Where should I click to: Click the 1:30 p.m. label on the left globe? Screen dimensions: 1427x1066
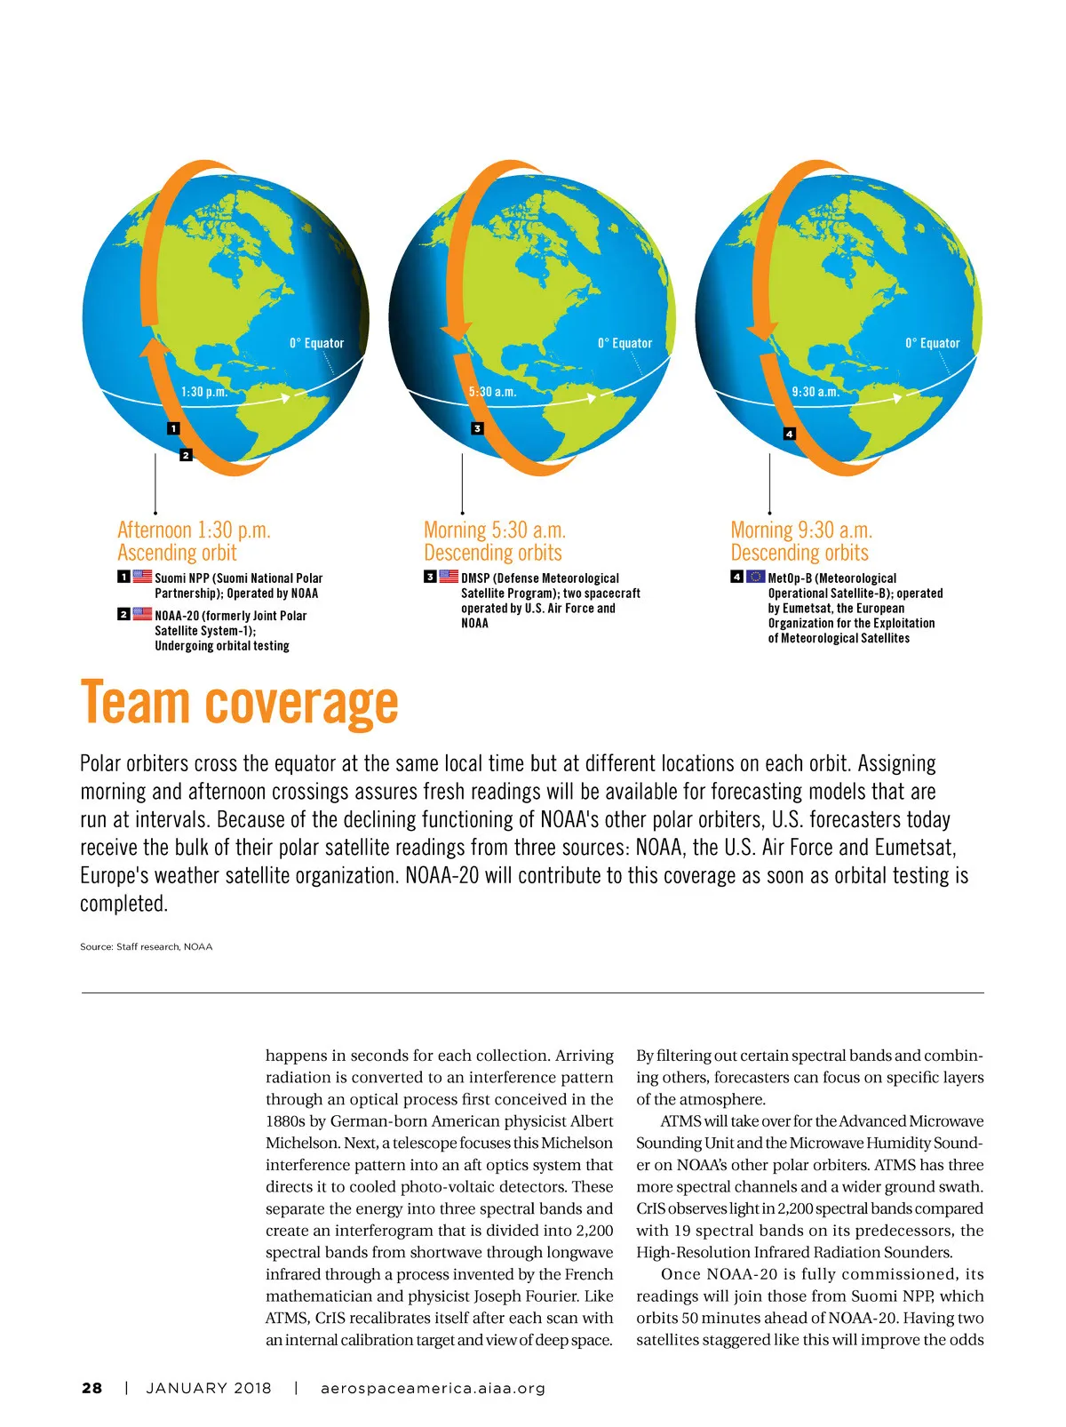click(x=204, y=392)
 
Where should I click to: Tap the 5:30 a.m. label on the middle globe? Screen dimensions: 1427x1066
click(x=492, y=392)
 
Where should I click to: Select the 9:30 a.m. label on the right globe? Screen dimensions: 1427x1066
click(x=815, y=392)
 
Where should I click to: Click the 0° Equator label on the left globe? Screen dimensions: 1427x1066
click(x=316, y=343)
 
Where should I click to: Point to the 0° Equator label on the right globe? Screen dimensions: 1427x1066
click(x=932, y=343)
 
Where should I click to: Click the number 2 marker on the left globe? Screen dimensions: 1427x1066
click(x=186, y=455)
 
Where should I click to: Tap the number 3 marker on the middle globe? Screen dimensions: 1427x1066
click(x=477, y=428)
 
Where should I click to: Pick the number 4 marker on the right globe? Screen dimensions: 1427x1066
click(x=789, y=434)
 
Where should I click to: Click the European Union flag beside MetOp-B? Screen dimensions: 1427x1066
click(x=755, y=577)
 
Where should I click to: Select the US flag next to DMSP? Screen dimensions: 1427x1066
click(x=449, y=577)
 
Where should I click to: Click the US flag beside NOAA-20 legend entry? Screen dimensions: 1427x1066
click(x=142, y=614)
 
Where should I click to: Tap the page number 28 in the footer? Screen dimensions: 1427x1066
click(x=91, y=1388)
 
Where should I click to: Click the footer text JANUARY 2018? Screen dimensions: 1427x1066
click(x=209, y=1388)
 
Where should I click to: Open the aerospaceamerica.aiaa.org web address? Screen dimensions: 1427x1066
click(x=433, y=1388)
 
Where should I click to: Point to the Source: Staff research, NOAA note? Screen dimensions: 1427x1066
click(x=146, y=946)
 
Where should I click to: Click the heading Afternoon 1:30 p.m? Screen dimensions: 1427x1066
click(x=194, y=530)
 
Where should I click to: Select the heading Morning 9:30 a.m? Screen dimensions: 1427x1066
click(x=801, y=530)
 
